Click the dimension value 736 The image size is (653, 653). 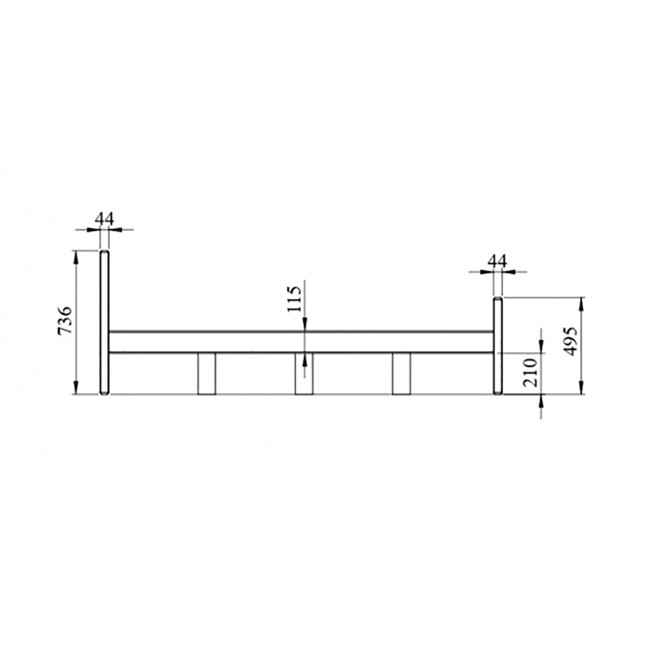[x=65, y=320]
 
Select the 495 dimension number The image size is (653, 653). [x=570, y=341]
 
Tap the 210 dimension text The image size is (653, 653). [x=531, y=373]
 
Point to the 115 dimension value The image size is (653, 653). [x=294, y=299]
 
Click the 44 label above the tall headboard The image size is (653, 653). [x=104, y=219]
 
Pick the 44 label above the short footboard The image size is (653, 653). [x=497, y=262]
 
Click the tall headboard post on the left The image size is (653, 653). [x=104, y=322]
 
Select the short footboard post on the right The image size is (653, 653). [x=497, y=346]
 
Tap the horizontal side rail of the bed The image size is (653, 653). [x=301, y=342]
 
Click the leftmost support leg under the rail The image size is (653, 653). [x=207, y=374]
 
